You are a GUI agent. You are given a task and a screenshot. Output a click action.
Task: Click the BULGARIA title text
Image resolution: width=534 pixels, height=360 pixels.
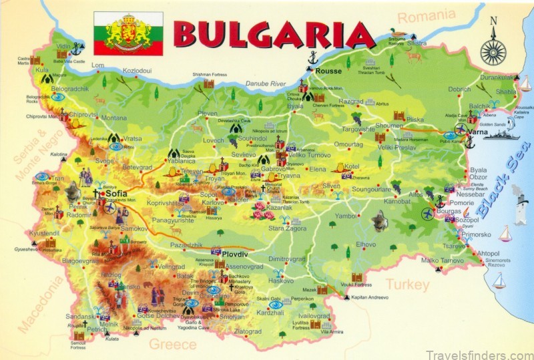pyautogui.click(x=274, y=34)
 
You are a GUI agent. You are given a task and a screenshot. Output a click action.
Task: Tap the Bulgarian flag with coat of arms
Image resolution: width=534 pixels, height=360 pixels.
pyautogui.click(x=127, y=33)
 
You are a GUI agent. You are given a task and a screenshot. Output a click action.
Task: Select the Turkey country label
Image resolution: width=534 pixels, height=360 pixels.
pyautogui.click(x=407, y=285)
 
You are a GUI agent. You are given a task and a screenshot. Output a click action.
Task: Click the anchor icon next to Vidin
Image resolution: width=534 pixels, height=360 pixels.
pyautogui.click(x=77, y=48)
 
